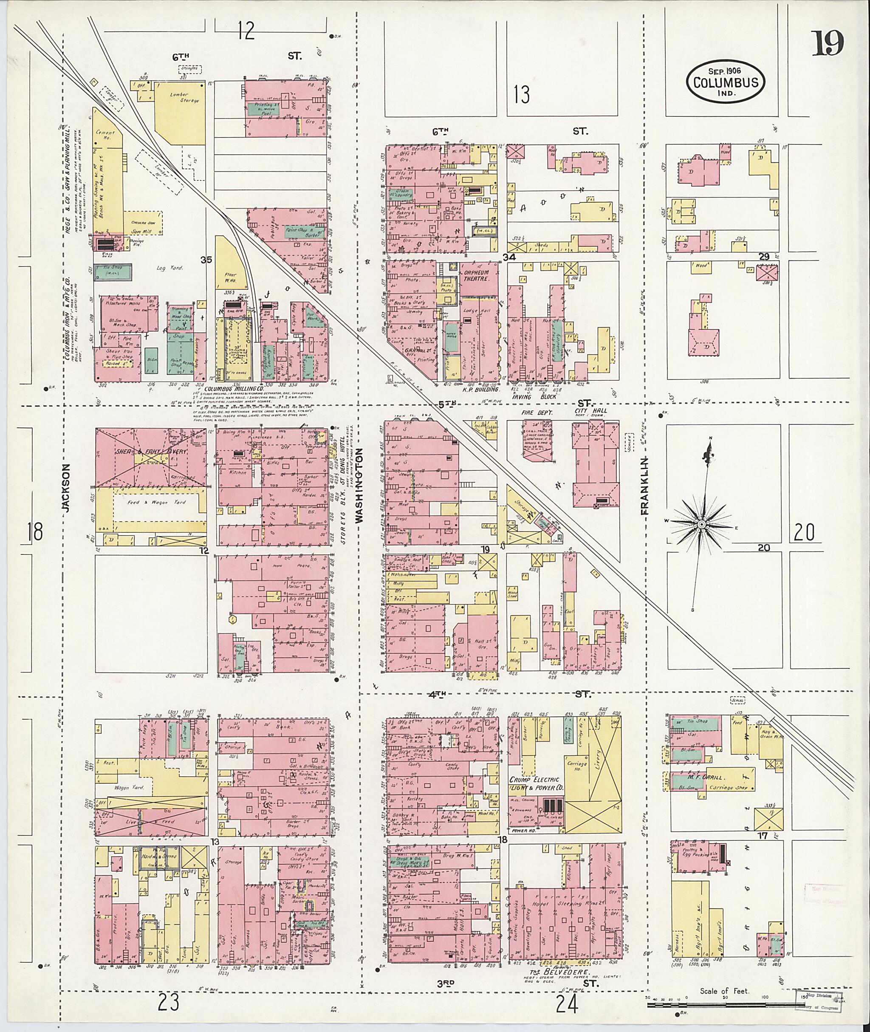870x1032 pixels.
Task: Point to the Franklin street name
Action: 644,486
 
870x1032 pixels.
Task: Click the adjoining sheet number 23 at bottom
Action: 168,1002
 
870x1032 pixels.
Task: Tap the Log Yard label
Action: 173,268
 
